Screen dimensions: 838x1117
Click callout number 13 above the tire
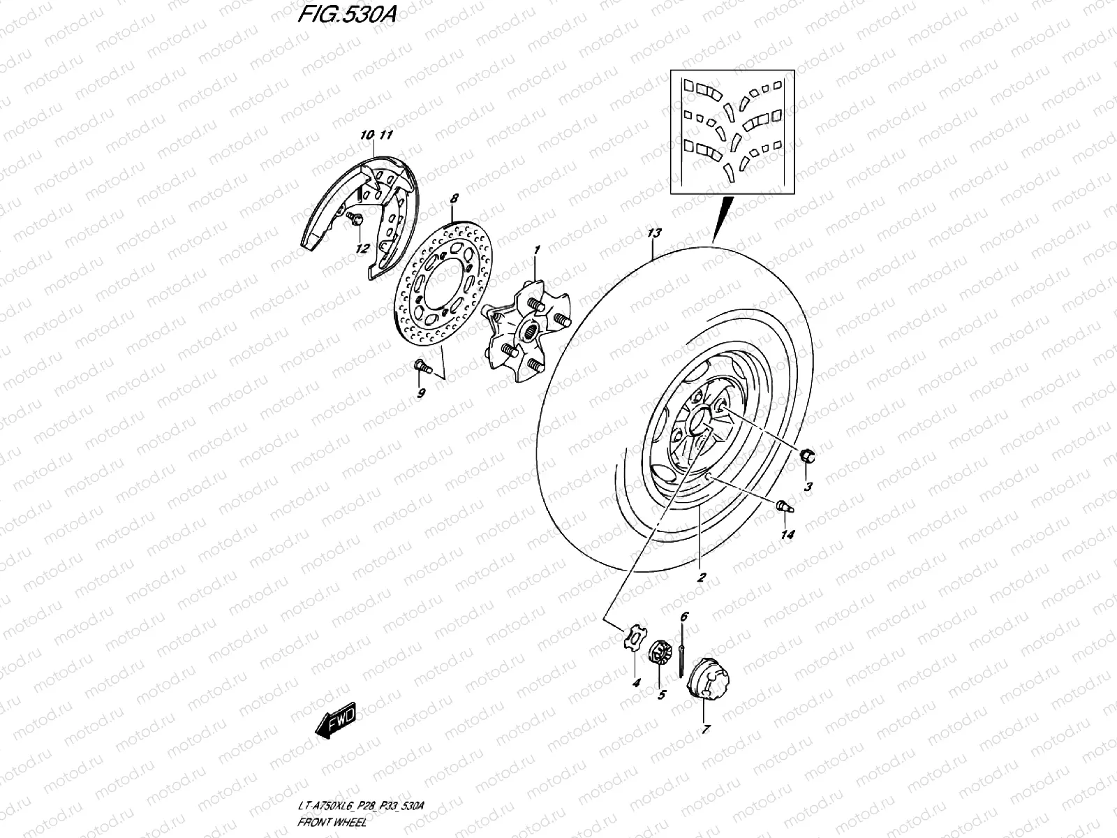(x=654, y=233)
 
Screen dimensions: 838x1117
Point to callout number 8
(x=454, y=199)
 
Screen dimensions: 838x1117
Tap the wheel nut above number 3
(x=806, y=457)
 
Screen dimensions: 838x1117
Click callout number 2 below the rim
(x=701, y=578)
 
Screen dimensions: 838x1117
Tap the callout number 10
(x=367, y=134)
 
